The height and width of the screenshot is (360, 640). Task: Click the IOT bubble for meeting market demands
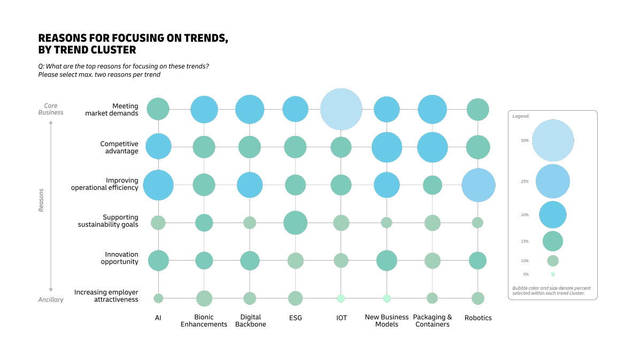coord(341,109)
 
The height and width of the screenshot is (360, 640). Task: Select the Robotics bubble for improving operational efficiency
coord(478,185)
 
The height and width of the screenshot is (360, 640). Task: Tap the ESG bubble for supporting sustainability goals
coord(295,223)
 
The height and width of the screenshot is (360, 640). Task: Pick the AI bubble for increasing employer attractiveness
coord(158,298)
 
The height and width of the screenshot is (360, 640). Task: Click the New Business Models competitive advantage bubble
coord(387,147)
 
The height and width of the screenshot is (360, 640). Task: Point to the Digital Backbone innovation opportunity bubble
coord(250,261)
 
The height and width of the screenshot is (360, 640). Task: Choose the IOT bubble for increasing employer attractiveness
coord(341,298)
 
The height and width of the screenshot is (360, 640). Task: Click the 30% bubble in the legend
coord(553,141)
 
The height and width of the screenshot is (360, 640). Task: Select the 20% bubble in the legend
coord(553,215)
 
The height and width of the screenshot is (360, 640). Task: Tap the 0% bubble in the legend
coord(553,274)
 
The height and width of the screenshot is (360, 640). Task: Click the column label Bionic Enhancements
coord(204,321)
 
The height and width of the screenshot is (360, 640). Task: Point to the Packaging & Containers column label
coord(433,321)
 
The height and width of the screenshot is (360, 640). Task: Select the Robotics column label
coord(478,318)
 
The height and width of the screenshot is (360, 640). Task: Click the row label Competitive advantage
coord(119,148)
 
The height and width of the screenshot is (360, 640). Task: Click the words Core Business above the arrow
coord(51,109)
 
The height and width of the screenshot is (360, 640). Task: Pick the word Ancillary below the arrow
coord(51,300)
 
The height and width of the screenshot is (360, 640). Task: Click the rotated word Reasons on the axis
coord(41,200)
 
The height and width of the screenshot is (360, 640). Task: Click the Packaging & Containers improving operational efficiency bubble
coord(433,185)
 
